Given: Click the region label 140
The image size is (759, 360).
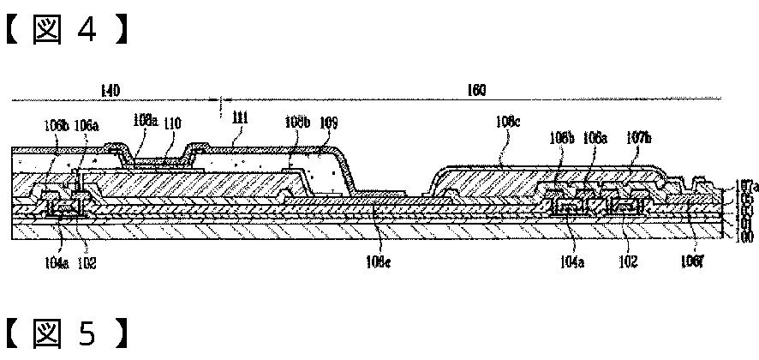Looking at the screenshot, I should pyautogui.click(x=110, y=90).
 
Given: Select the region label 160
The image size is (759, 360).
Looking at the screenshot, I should pyautogui.click(x=476, y=90).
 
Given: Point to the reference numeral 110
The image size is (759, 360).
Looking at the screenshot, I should pyautogui.click(x=173, y=123).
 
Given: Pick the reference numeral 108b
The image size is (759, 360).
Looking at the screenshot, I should pyautogui.click(x=297, y=123).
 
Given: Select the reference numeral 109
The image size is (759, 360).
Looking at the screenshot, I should pyautogui.click(x=328, y=123).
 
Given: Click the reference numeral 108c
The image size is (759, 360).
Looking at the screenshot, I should pyautogui.click(x=507, y=123).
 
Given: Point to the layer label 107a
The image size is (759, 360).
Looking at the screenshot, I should pyautogui.click(x=746, y=185).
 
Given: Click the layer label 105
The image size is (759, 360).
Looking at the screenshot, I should pyautogui.click(x=746, y=197).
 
